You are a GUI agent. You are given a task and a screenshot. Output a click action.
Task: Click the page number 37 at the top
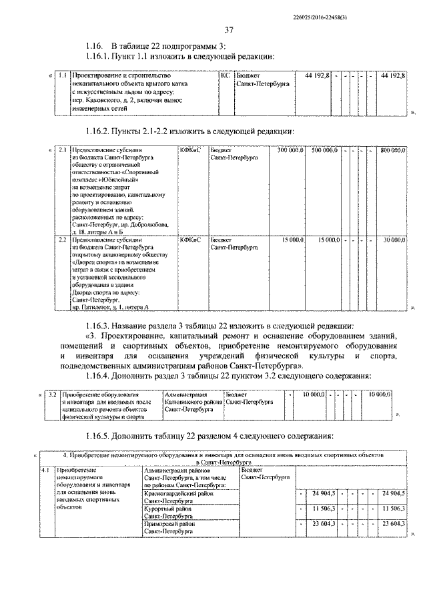pos(229,29)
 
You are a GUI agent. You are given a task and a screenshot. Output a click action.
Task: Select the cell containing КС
pos(225,76)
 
